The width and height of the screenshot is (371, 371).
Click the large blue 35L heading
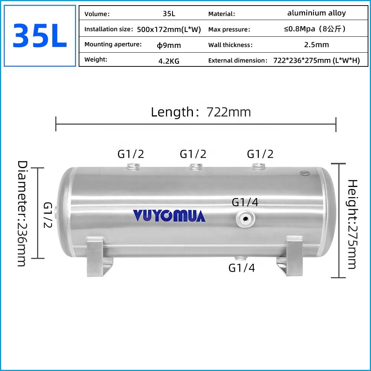(x=40, y=36)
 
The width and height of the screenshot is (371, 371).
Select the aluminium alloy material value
(x=316, y=13)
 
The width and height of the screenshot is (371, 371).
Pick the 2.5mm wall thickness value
(x=316, y=45)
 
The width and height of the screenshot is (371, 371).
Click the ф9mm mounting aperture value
(x=169, y=45)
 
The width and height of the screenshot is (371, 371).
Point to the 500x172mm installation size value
(x=169, y=30)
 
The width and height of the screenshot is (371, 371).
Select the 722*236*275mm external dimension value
(x=316, y=60)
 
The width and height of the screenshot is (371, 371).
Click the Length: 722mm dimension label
(x=201, y=112)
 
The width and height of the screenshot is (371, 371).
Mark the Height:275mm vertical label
(x=352, y=224)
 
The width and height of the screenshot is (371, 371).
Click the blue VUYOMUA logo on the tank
(x=169, y=216)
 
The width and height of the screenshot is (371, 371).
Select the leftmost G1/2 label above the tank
(x=131, y=154)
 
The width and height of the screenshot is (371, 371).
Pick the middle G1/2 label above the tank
(x=193, y=154)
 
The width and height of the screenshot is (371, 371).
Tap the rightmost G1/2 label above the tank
(x=260, y=154)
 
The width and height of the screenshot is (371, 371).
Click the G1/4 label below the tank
(x=242, y=268)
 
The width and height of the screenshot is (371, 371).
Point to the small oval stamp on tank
(x=305, y=172)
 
